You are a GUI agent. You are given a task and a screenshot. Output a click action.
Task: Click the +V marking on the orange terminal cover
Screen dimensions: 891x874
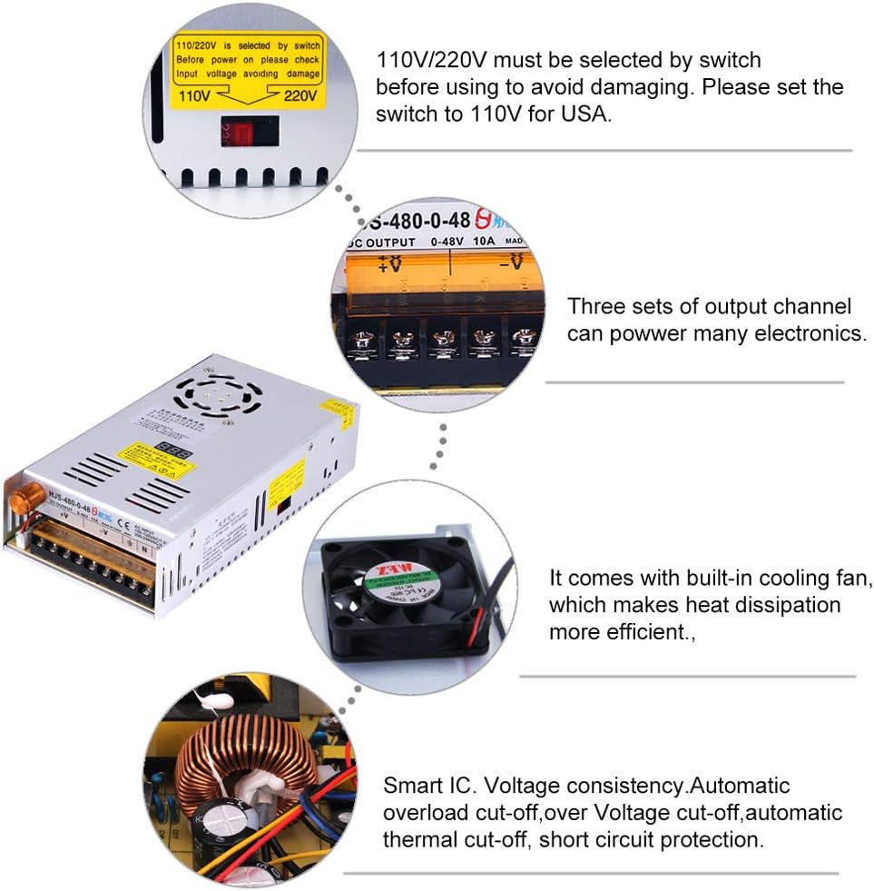point(391,263)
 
